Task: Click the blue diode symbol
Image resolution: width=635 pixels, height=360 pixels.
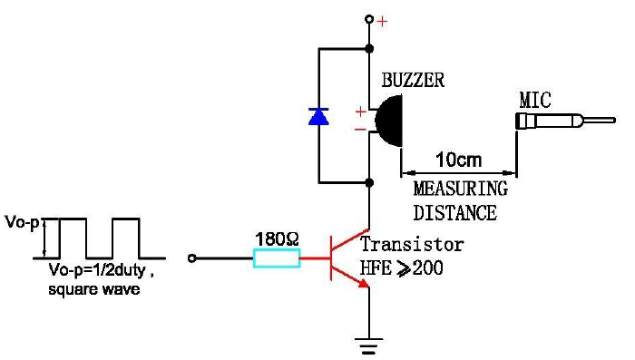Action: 318,116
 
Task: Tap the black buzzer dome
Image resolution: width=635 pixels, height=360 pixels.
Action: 389,121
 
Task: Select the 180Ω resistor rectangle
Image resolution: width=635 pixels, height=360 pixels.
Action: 277,258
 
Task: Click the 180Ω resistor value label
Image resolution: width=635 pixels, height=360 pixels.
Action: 277,238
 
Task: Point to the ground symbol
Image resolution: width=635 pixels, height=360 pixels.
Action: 369,345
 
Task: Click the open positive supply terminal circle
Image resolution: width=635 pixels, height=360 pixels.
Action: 369,19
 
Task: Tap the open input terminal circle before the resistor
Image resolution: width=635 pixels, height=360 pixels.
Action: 192,258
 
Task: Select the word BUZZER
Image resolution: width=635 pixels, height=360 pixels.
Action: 413,80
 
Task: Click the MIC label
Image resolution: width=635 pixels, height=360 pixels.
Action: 535,100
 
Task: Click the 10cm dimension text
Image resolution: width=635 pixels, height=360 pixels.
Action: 458,160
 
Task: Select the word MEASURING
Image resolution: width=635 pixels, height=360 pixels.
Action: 461,189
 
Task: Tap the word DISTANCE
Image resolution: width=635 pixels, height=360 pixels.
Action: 454,213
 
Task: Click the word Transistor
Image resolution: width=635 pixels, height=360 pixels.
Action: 412,244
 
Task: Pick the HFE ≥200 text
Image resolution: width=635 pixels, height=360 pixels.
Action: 401,268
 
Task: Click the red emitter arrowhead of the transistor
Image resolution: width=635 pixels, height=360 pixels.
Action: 363,283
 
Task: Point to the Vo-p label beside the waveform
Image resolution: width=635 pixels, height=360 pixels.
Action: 23,222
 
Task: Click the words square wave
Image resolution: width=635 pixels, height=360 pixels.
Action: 94,289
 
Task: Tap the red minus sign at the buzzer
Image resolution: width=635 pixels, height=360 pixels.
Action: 360,130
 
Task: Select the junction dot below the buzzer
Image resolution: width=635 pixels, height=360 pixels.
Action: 369,182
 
